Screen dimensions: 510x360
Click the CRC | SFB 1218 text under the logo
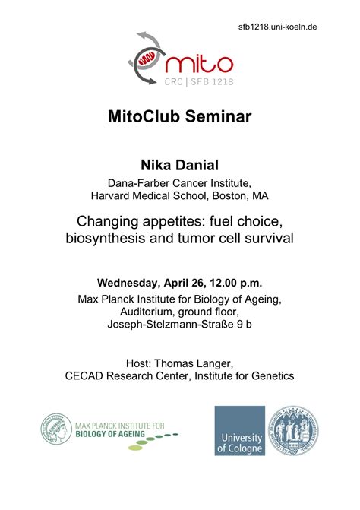click(x=199, y=81)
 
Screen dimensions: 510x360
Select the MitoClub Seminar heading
click(x=179, y=117)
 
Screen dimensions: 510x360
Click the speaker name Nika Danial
click(x=179, y=165)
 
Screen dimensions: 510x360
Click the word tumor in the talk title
click(x=199, y=238)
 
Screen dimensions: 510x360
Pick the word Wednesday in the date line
click(x=131, y=283)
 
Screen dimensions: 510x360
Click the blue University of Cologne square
click(x=239, y=430)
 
